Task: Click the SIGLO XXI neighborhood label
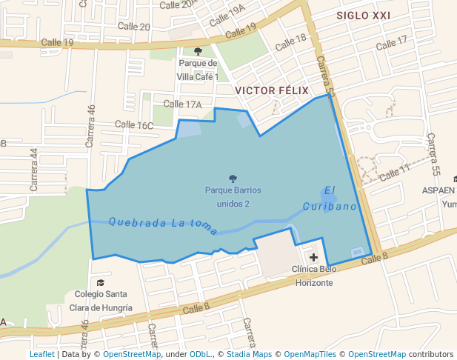point(363,15)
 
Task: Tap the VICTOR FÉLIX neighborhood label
point(270,90)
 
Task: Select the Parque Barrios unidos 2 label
point(233,196)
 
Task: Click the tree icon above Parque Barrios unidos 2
point(233,179)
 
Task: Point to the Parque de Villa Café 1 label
point(197,69)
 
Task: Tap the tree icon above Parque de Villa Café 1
point(197,51)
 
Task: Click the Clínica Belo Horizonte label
point(314,276)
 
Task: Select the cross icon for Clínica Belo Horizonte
point(314,257)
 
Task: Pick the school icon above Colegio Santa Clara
point(101,282)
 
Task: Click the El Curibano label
point(330,199)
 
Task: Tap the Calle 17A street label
point(182,104)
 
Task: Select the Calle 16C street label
point(134,125)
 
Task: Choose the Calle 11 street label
point(394,173)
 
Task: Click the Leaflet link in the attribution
point(41,354)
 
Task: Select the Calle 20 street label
point(134,27)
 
